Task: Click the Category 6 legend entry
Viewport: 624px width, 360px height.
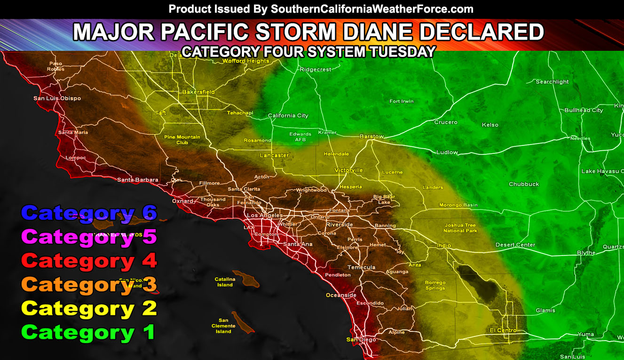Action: point(88,213)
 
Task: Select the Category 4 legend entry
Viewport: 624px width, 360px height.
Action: point(88,261)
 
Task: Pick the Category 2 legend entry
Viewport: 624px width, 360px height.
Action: point(88,309)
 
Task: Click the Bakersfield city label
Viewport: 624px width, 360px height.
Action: point(198,92)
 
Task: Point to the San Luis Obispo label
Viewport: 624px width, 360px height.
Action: point(57,98)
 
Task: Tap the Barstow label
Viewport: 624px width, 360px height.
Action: point(371,136)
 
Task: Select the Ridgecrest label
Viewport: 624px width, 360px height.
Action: point(316,70)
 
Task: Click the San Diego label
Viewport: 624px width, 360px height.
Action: point(361,340)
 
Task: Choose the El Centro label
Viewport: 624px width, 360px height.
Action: point(503,330)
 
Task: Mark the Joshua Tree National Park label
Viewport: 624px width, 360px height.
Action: point(460,228)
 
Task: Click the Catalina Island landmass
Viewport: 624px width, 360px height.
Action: point(245,278)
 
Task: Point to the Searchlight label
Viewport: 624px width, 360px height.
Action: point(552,82)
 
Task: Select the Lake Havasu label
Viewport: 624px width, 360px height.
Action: point(602,171)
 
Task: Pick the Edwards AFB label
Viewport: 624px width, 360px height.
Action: point(300,137)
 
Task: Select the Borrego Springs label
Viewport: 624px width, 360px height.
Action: point(435,286)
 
